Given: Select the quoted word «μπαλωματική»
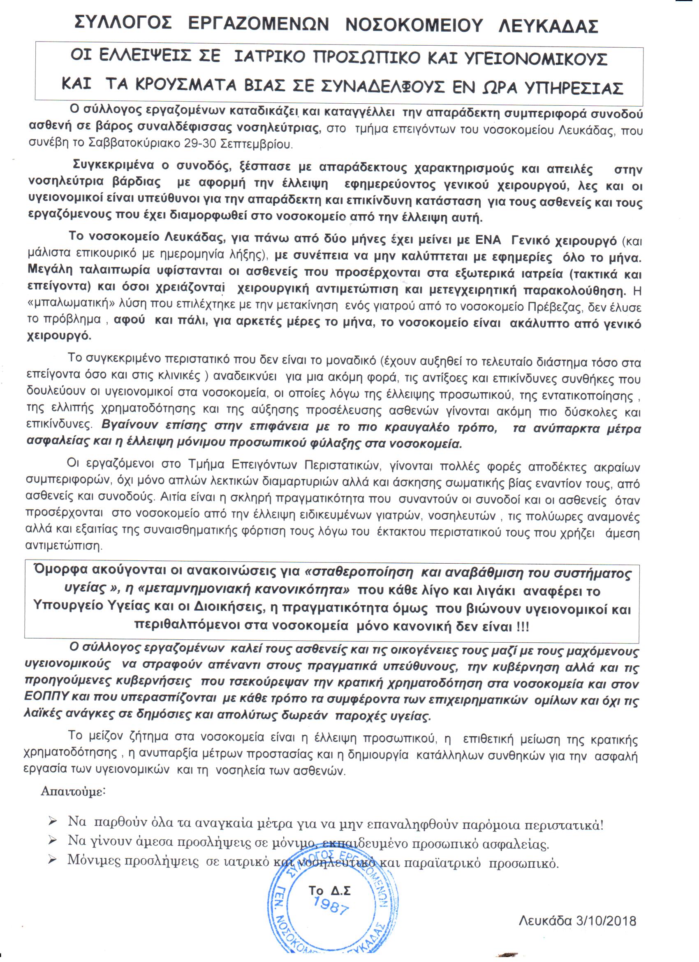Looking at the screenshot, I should pyautogui.click(x=63, y=307).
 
